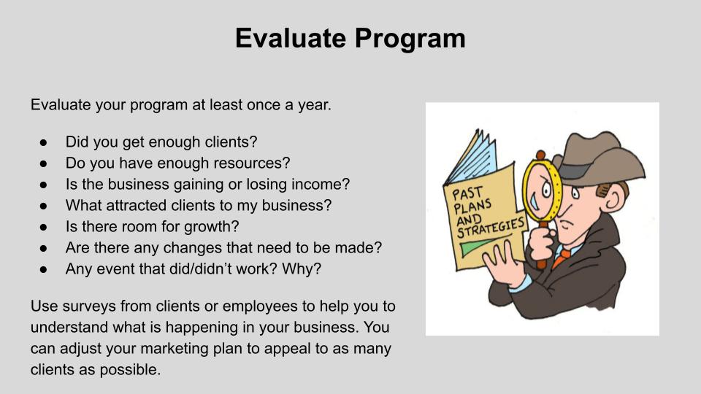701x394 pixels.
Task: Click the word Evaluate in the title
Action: click(290, 38)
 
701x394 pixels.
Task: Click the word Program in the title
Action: click(410, 39)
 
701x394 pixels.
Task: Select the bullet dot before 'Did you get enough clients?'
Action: click(43, 142)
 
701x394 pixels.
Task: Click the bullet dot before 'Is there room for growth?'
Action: click(43, 227)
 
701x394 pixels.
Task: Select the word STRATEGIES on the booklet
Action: click(491, 228)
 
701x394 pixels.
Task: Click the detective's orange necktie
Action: click(560, 258)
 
